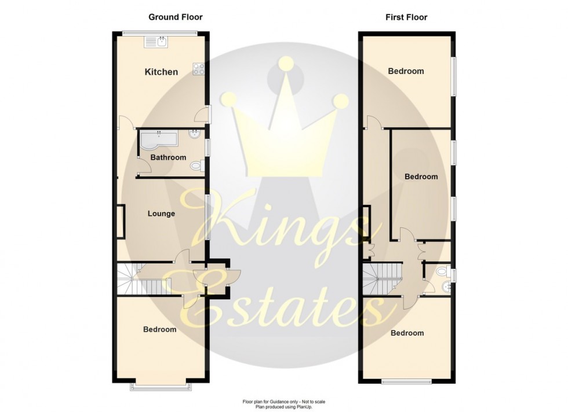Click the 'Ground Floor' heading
tap(176, 17)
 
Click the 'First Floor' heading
tap(406, 17)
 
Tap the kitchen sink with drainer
tap(156, 42)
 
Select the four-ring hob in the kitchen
tap(199, 68)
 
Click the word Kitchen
tap(161, 72)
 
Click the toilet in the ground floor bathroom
tap(197, 167)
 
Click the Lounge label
tap(161, 214)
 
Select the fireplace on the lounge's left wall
tap(121, 222)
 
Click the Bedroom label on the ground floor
tap(160, 329)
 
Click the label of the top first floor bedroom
tap(406, 72)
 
